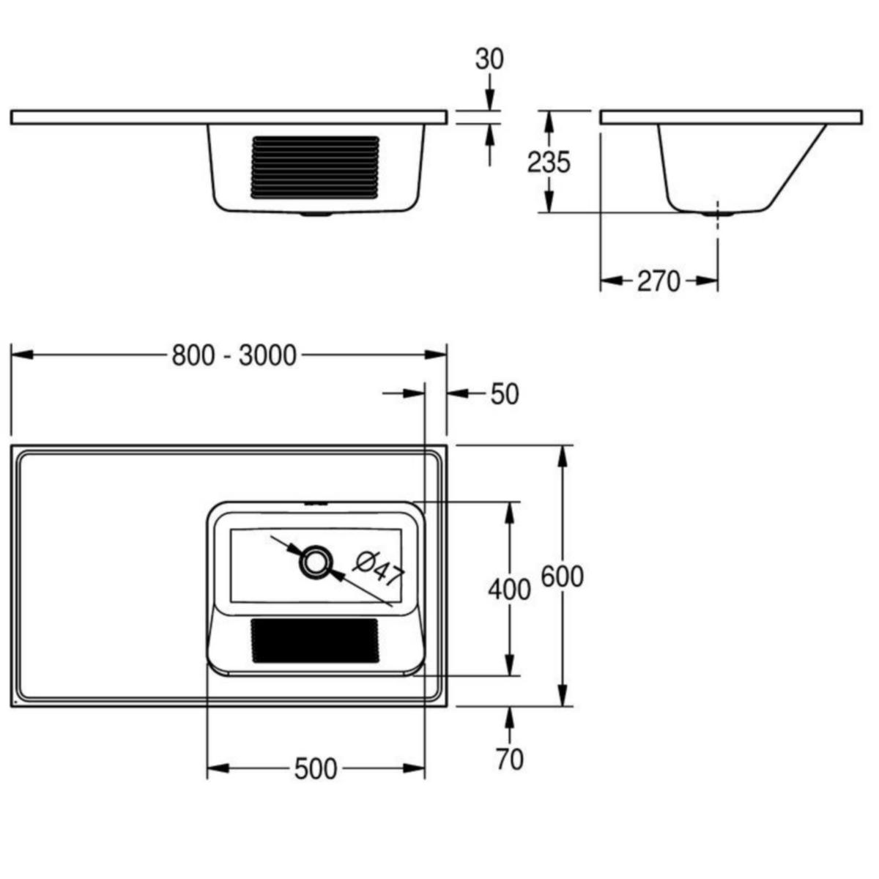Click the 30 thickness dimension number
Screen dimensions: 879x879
coord(489,59)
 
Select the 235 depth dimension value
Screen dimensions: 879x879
coord(548,162)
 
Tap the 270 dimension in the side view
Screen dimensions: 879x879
coord(658,281)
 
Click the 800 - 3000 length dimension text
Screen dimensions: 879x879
coord(234,355)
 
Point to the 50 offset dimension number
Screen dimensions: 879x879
coord(504,394)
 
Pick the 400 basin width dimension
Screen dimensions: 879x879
coord(509,588)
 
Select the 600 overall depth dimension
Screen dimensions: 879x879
coord(562,576)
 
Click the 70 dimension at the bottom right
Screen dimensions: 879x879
coord(509,760)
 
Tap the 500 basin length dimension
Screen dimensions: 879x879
coord(316,769)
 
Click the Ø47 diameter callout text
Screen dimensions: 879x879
coord(379,567)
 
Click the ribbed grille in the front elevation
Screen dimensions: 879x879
coord(316,167)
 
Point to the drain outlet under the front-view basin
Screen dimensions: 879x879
coord(316,215)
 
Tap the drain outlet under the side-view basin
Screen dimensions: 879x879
coord(717,215)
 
